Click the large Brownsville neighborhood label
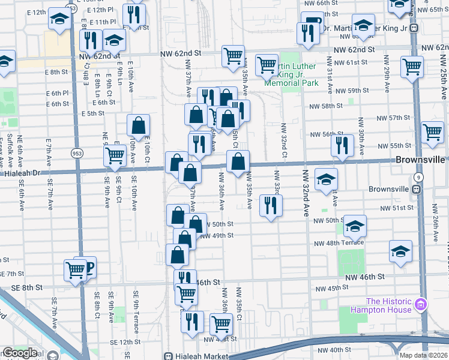421,161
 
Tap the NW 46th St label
365,277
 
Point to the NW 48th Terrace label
339,242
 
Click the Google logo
19,353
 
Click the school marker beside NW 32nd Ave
326,179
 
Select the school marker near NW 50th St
355,226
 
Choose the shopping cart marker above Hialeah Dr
114,156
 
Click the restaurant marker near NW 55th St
342,145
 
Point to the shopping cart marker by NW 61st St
412,67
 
